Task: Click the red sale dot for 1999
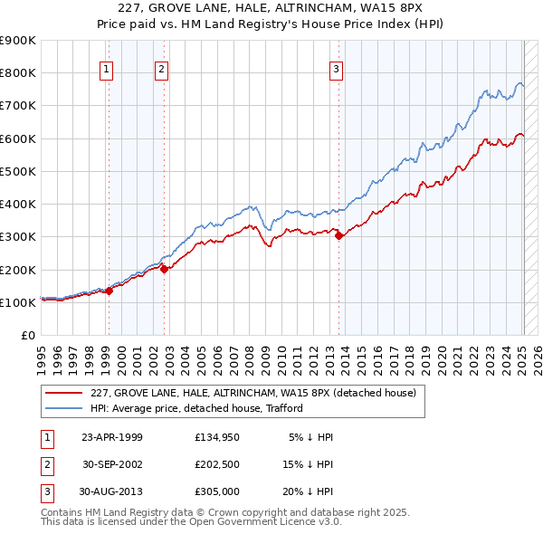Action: (x=109, y=291)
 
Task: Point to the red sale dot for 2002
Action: (x=164, y=268)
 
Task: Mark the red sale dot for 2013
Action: (x=338, y=235)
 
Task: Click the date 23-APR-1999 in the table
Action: (x=113, y=437)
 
